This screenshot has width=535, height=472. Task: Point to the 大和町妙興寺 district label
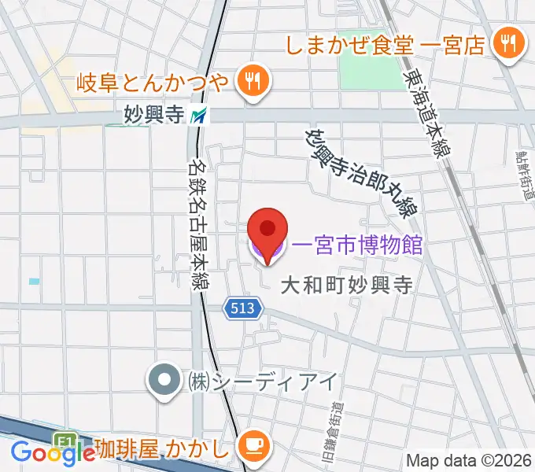[347, 284]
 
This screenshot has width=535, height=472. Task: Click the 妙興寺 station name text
[154, 116]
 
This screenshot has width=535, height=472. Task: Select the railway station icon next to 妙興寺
[199, 116]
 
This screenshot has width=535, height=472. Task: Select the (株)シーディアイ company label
[262, 382]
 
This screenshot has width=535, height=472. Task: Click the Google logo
[53, 452]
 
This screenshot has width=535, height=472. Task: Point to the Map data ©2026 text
[469, 460]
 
